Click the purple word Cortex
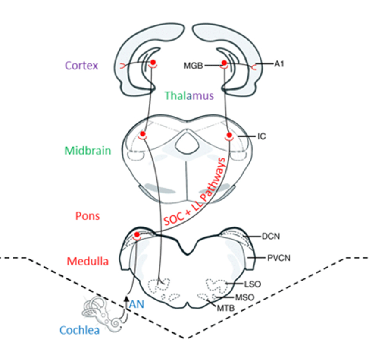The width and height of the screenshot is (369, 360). (x=81, y=66)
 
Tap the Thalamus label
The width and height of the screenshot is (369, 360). (x=189, y=95)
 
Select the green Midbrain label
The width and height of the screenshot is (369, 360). (x=88, y=151)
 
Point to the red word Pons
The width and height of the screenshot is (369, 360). (x=87, y=215)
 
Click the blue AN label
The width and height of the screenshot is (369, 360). (x=137, y=303)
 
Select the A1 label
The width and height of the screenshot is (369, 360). (x=279, y=64)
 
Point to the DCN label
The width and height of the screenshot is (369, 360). (x=270, y=236)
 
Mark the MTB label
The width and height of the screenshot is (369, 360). (x=224, y=307)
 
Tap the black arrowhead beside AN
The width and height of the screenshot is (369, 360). (x=126, y=298)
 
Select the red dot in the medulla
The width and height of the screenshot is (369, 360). (x=138, y=235)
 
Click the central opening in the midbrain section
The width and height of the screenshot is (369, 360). (x=185, y=139)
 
